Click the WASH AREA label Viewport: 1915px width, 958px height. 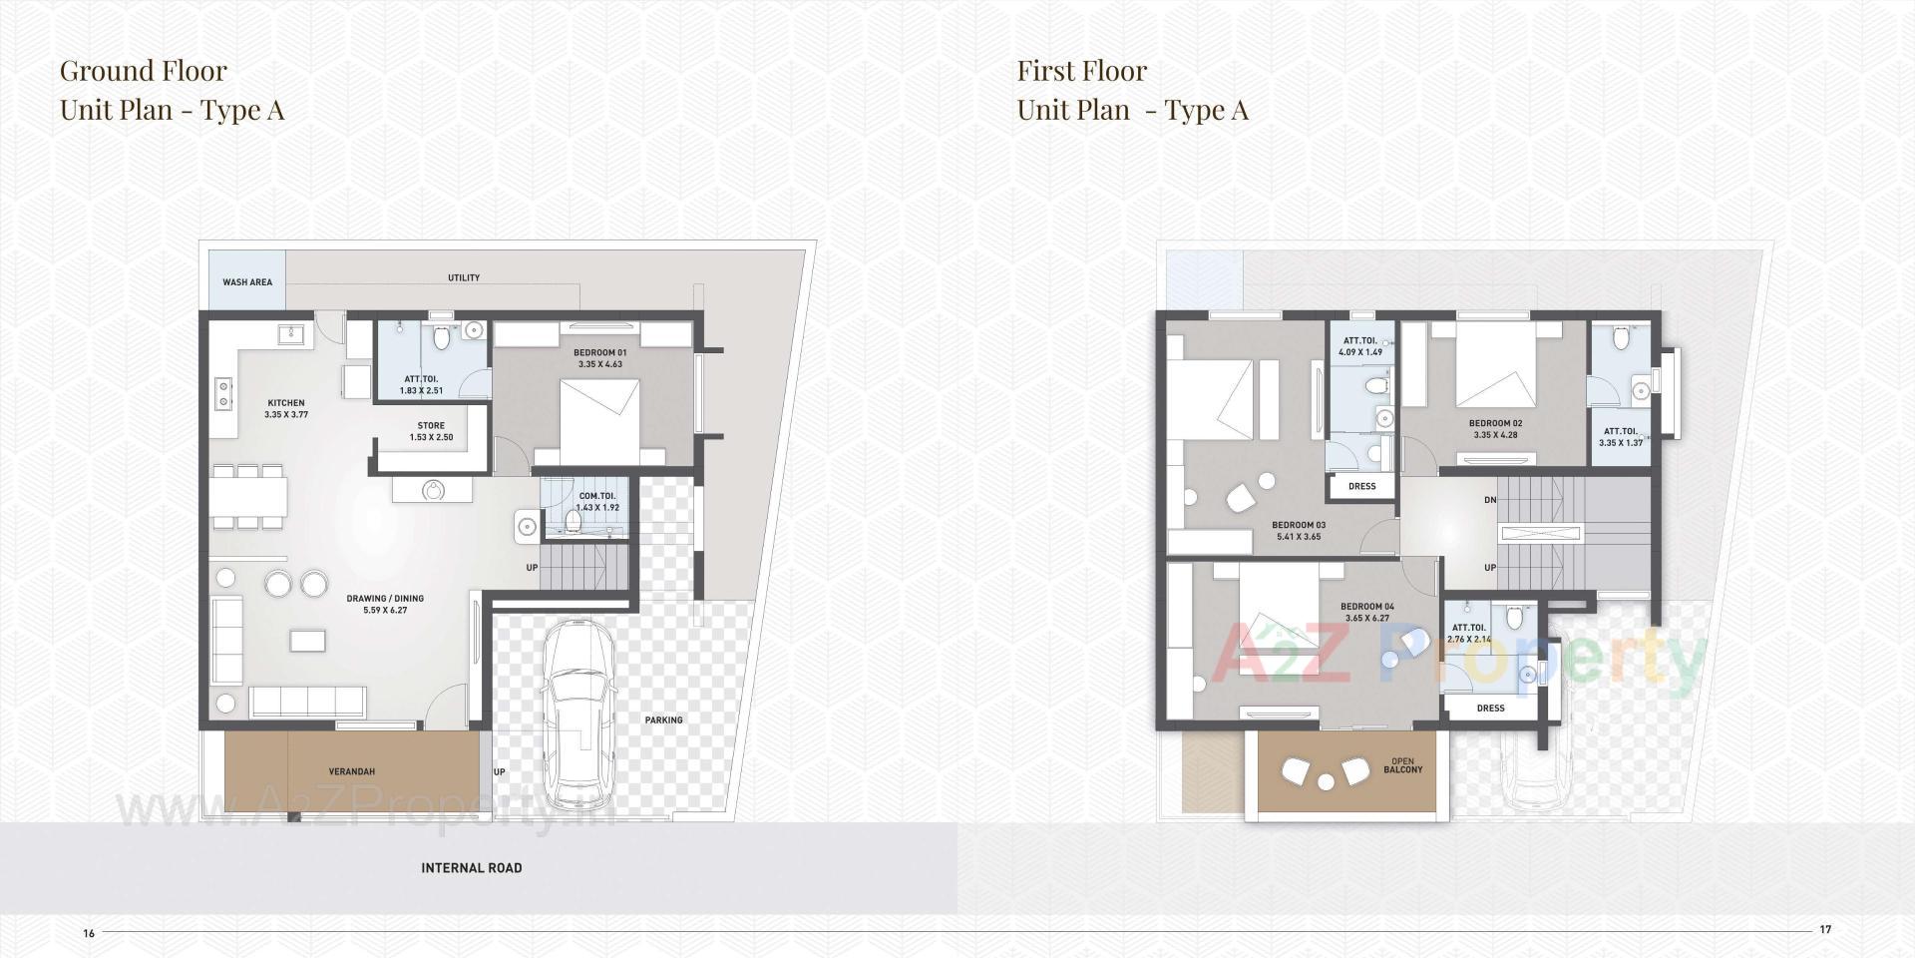(x=247, y=282)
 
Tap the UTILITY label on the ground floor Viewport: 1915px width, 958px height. (x=464, y=278)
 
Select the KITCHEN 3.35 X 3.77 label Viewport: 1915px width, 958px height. (x=285, y=409)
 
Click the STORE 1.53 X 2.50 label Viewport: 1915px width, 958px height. (x=431, y=431)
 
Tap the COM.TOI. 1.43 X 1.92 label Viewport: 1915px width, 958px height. (x=597, y=501)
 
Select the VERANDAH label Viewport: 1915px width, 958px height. (x=352, y=771)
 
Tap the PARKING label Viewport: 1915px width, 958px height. (x=663, y=719)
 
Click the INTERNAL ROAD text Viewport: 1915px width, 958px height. (x=471, y=868)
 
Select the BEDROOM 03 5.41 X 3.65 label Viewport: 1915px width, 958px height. (x=1299, y=530)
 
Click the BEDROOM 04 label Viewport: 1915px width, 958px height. (x=1366, y=612)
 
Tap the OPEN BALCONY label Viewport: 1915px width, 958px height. (x=1402, y=765)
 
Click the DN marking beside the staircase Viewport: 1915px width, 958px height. (x=1489, y=500)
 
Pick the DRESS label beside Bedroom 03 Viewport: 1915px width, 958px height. (x=1361, y=486)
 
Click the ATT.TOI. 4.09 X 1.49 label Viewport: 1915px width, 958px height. (x=1360, y=346)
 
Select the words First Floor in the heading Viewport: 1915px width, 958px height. (x=1081, y=71)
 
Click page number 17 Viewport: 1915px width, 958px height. (x=1825, y=929)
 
